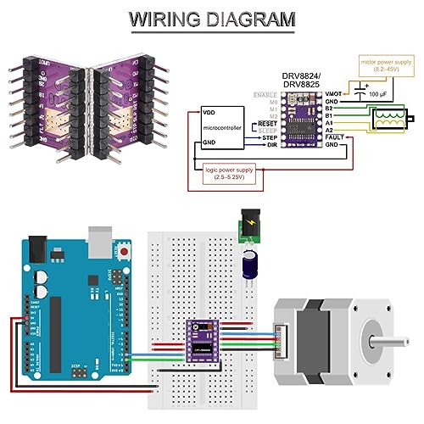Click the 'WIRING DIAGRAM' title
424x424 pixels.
pos(211,18)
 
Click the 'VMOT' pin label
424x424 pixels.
pos(334,92)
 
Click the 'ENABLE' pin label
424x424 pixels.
pos(268,92)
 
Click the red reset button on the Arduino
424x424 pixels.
pos(126,252)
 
